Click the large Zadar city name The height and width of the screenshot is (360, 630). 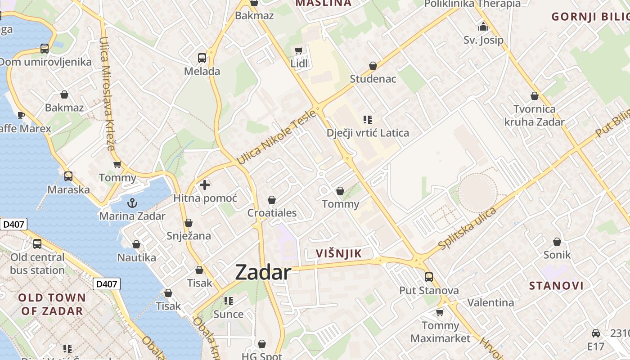point(263,272)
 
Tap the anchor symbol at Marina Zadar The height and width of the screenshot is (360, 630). point(132,203)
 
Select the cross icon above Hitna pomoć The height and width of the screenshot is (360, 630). point(205,184)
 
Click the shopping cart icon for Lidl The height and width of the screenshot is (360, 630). point(298,50)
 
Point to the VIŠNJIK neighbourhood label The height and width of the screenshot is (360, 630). point(339,253)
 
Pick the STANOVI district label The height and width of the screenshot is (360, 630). point(556,286)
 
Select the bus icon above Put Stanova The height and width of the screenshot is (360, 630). point(429,277)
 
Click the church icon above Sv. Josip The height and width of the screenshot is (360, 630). point(483,27)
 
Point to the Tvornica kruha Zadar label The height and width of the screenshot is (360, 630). point(534,115)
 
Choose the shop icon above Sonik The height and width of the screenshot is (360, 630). point(557,242)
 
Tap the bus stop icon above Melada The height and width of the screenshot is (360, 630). point(202,58)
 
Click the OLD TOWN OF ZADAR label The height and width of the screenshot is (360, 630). point(52,304)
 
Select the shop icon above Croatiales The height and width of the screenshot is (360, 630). point(272,200)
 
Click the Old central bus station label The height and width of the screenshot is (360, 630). point(37,264)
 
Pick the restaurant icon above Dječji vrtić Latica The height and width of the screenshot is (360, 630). point(368,120)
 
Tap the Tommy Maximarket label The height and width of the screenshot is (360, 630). point(440,332)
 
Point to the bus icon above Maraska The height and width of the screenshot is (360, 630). point(68,176)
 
